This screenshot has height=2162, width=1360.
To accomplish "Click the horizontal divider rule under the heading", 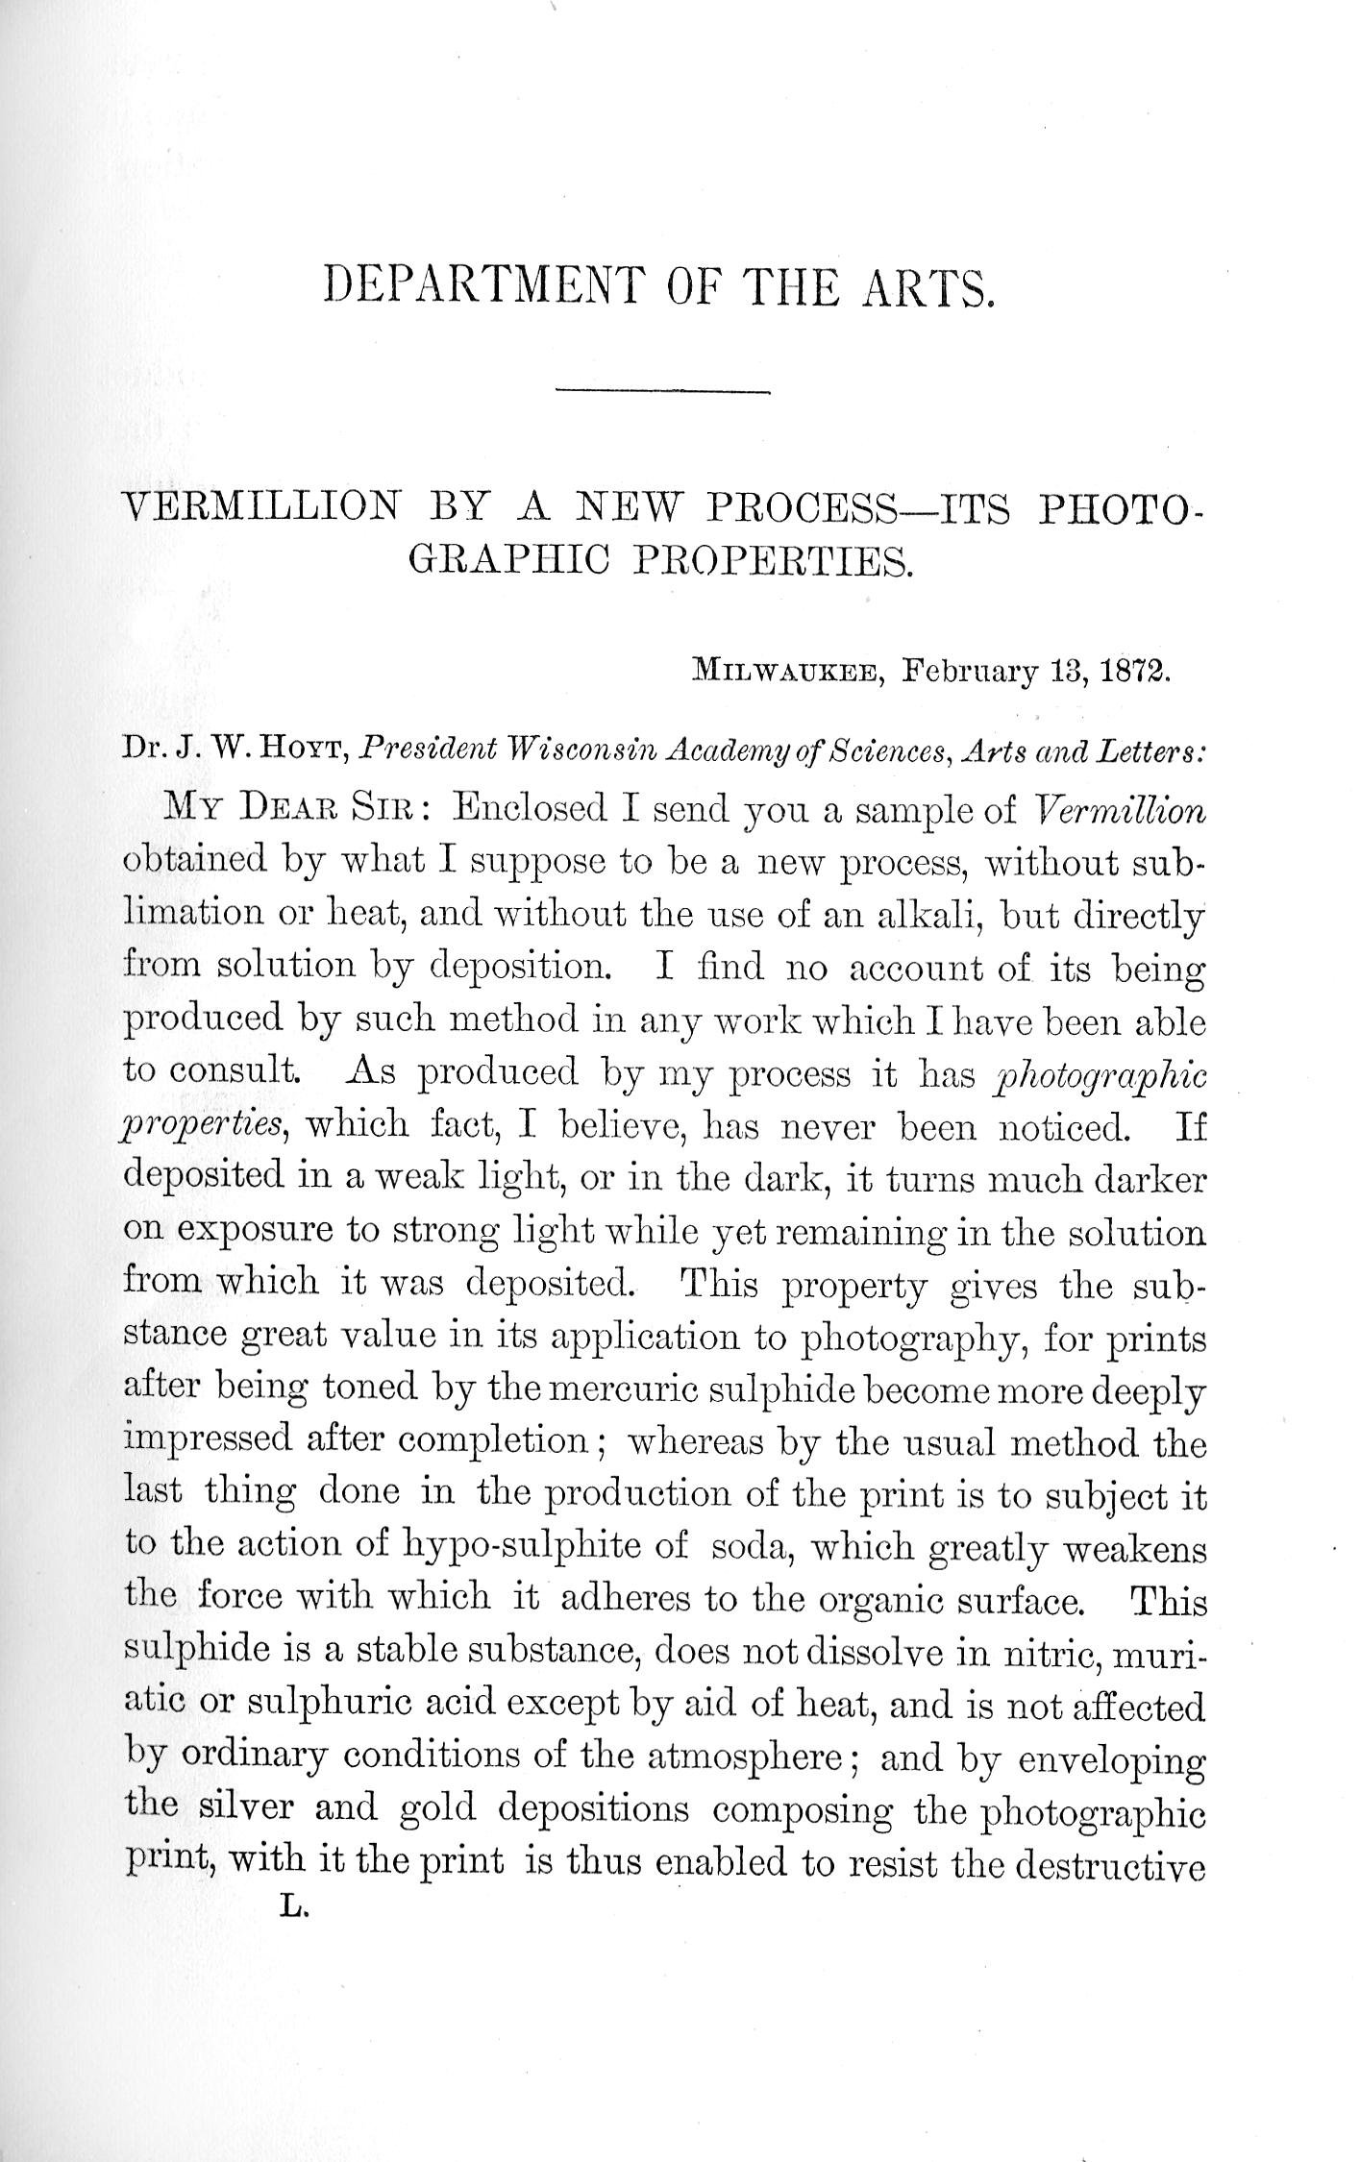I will coord(662,390).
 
